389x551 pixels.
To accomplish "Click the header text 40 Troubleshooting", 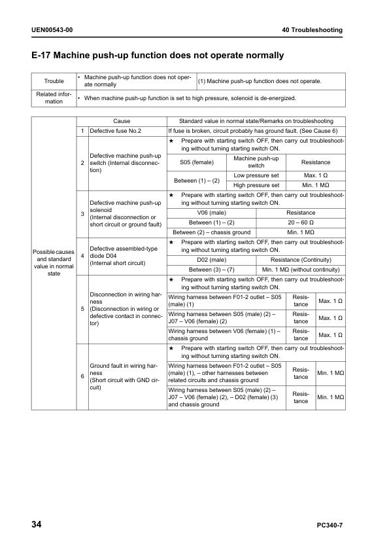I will pyautogui.click(x=312, y=31).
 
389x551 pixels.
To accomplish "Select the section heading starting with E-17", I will pyautogui.click(x=158, y=56).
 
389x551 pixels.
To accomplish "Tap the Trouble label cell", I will pyautogui.click(x=54, y=81).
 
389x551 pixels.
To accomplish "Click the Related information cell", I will pyautogui.click(x=54, y=98).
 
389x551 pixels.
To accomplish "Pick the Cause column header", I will pyautogui.click(x=122, y=121).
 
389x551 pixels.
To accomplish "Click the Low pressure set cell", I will pyautogui.click(x=256, y=175).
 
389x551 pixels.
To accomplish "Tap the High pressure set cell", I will pyautogui.click(x=256, y=185).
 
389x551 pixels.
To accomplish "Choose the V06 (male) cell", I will pyautogui.click(x=212, y=213).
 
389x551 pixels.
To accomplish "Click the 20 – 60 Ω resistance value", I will pyautogui.click(x=301, y=222).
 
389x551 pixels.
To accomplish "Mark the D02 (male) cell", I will pyautogui.click(x=212, y=260).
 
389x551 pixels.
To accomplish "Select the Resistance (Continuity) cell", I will pyautogui.click(x=301, y=260).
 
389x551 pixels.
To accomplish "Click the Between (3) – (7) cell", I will pyautogui.click(x=212, y=270).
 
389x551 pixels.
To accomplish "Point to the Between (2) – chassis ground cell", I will pyautogui.click(x=212, y=232).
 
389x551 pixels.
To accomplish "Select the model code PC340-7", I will pyautogui.click(x=330, y=525).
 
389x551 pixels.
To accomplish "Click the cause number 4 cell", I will pyautogui.click(x=82, y=255).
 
